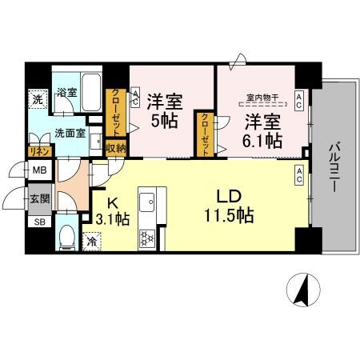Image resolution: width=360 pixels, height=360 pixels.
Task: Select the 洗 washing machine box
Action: tap(37, 100)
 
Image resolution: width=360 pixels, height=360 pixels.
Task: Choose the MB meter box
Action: tap(38, 171)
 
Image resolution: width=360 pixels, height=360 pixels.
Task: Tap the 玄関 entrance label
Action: tap(38, 198)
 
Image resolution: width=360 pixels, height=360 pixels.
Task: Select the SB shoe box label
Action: tap(38, 222)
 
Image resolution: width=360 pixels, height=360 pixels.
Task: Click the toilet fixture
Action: tap(66, 238)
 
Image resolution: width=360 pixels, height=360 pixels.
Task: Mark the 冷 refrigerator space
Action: tap(93, 239)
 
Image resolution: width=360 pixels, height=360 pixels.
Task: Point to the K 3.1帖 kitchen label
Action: tap(111, 210)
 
